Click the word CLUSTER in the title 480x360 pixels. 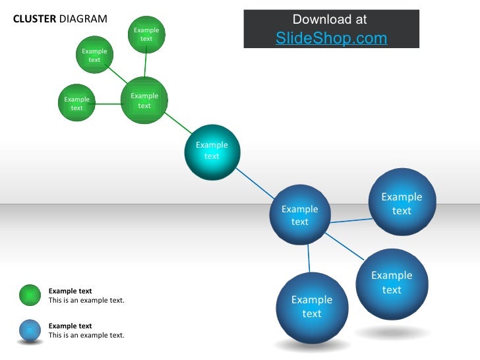[34, 18]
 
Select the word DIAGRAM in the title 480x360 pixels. [82, 18]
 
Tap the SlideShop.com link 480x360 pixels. [331, 38]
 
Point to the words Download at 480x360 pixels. [330, 20]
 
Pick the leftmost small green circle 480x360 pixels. [77, 103]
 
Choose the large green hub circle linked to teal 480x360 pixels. [144, 100]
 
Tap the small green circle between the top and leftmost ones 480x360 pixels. [94, 55]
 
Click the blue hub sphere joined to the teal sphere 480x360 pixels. [300, 216]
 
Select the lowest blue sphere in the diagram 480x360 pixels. [312, 307]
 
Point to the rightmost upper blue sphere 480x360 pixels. [402, 203]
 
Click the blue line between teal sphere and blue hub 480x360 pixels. [256, 184]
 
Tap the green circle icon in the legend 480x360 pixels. [30, 295]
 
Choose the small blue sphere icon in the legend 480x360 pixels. [30, 330]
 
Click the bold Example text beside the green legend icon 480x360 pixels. [70, 291]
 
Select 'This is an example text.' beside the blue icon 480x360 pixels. [86, 336]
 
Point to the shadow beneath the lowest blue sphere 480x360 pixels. [312, 345]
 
